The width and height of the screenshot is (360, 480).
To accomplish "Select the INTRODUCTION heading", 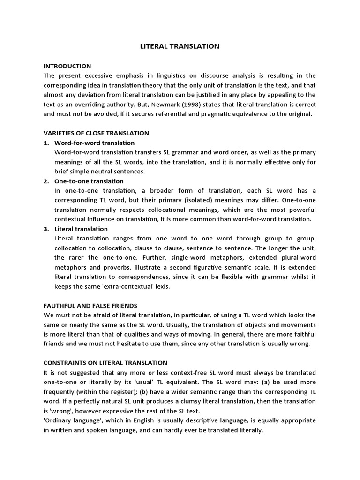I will pos(67,66).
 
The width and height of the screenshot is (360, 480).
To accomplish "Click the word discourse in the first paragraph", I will pos(221,75).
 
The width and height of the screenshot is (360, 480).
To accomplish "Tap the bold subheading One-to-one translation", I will pos(89,181).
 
